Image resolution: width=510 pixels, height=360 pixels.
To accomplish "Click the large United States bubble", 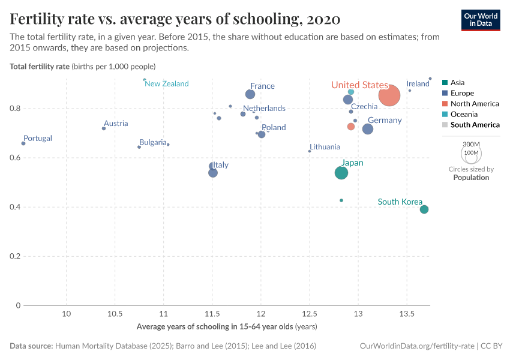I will (389, 95).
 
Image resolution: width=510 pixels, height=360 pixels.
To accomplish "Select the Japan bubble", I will (341, 173).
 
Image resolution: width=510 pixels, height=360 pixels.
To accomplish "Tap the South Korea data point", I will (424, 209).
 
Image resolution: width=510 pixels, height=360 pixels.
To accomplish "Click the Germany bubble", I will (368, 129).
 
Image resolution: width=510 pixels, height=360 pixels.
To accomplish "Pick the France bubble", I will (250, 94).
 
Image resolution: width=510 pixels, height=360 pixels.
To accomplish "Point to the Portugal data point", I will (23, 143).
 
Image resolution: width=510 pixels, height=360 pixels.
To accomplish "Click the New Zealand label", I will (167, 84).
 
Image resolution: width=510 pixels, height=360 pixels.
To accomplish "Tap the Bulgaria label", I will (153, 142).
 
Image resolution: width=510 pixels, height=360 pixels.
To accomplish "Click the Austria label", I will (116, 124).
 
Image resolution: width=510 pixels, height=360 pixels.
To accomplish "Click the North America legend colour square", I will (445, 104).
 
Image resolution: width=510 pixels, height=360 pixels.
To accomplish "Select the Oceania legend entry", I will (464, 114).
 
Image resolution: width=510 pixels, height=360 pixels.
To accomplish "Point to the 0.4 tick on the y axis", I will (16, 207).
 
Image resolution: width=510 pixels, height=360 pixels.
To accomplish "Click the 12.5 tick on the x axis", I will (310, 314).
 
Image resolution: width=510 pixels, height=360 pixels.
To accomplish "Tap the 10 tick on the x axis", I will (67, 314).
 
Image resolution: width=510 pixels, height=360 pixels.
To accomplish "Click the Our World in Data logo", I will (480, 19).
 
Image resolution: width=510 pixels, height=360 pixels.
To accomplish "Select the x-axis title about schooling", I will (227, 327).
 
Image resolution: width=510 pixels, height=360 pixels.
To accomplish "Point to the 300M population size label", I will (471, 145).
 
